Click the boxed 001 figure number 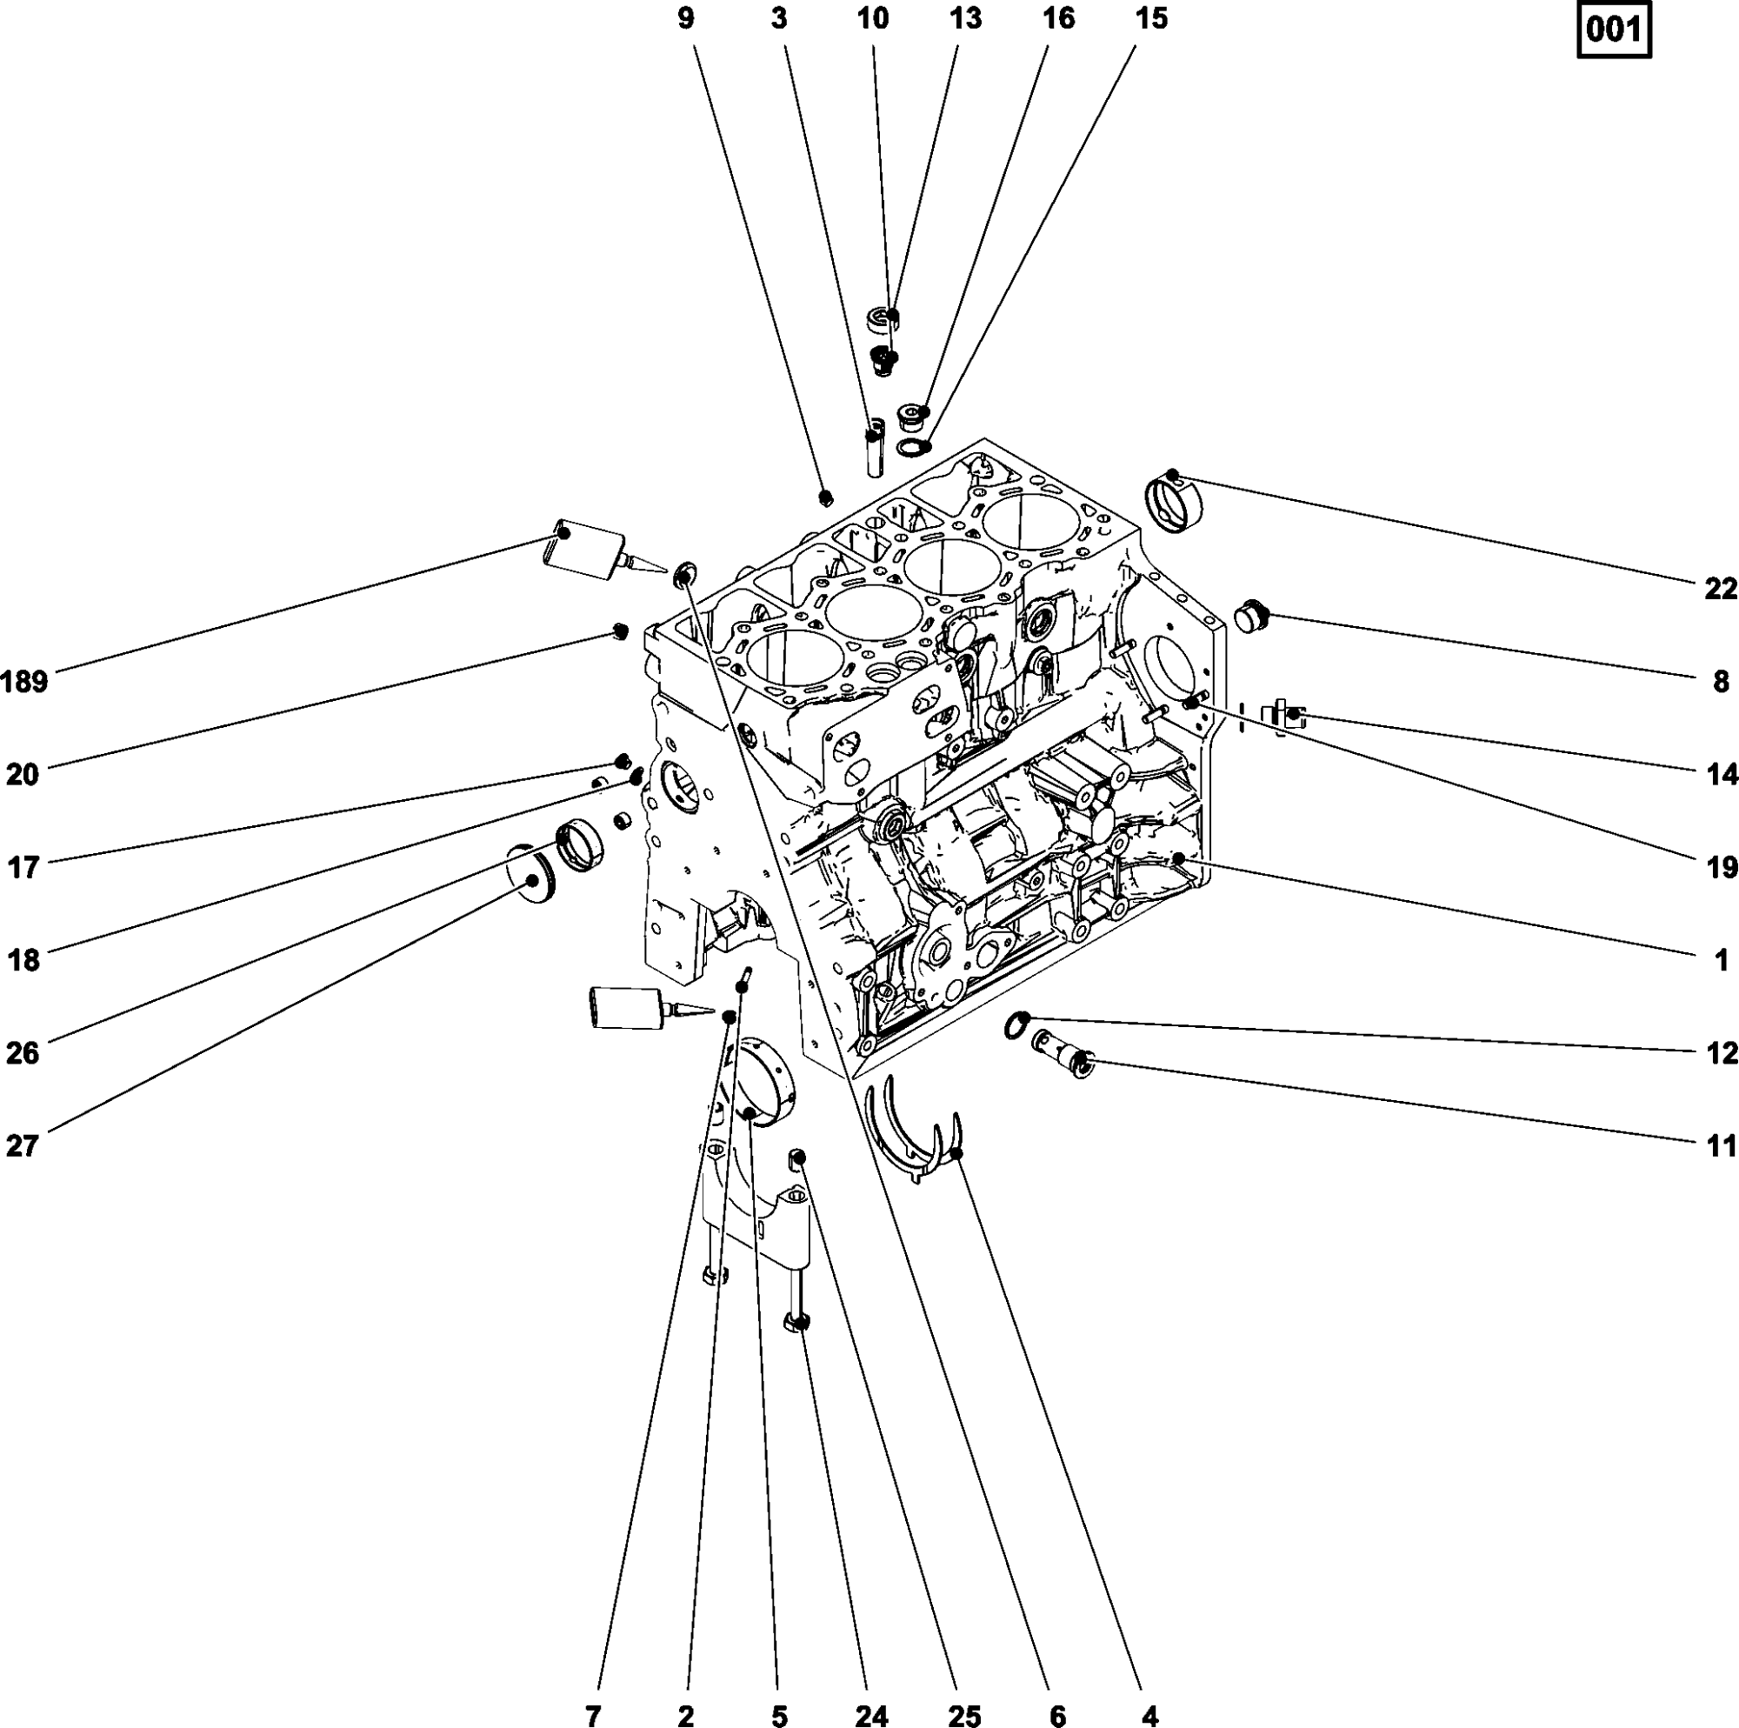pos(1614,30)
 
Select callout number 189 pos(24,682)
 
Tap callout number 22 pos(1720,589)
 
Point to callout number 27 pos(23,1145)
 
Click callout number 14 pos(1720,773)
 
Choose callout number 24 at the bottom pos(870,1717)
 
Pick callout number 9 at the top pos(686,18)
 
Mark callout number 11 pos(1720,1145)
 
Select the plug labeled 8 pos(1251,617)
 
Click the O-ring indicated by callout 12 pos(1016,1024)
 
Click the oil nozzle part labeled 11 pos(1063,1053)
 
